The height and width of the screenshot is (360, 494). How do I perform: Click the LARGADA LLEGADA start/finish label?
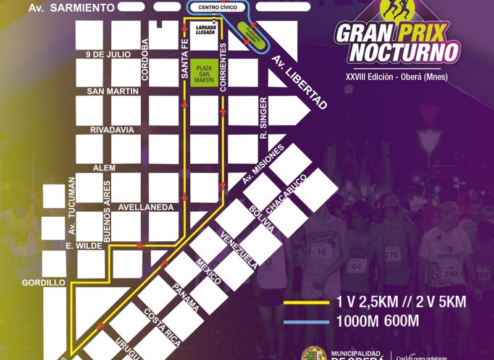(x=205, y=29)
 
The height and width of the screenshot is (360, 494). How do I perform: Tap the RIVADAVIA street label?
(x=112, y=130)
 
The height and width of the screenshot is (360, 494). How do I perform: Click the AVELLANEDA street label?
(x=146, y=207)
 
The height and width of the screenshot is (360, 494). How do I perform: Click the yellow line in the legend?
(x=306, y=303)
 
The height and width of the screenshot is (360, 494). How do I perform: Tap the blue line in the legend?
(x=306, y=322)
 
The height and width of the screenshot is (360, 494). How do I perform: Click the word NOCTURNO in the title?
(x=404, y=52)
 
